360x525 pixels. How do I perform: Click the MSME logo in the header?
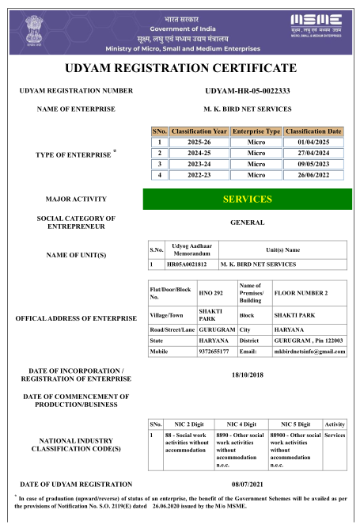(x=316, y=25)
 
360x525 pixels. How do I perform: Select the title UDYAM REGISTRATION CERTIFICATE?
(x=180, y=68)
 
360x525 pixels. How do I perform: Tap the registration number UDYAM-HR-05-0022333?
(x=247, y=91)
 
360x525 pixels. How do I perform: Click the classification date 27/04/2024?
(x=313, y=153)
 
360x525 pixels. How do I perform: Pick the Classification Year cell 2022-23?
(x=199, y=174)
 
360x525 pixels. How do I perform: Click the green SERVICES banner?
(x=247, y=200)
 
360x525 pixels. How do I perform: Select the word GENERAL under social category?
(x=247, y=223)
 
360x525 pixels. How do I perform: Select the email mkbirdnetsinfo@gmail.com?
(x=309, y=351)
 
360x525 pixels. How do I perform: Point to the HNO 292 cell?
(x=211, y=292)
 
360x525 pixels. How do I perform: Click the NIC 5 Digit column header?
(x=295, y=424)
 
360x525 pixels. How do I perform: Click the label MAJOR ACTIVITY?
(x=77, y=199)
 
